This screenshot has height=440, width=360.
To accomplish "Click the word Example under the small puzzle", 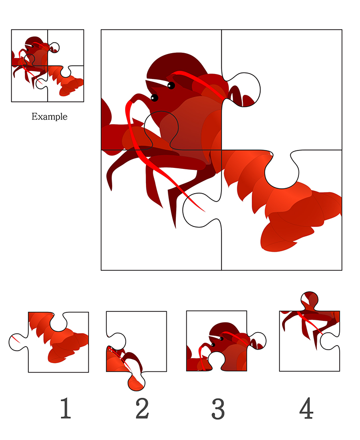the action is pos(49,116).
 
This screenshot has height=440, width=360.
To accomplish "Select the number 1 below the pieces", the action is pos(66,408).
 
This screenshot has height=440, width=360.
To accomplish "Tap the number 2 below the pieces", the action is pos(142,408).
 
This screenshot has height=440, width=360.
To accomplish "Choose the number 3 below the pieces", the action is pos(218,409).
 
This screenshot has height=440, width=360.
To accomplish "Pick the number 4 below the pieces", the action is pos(306,408).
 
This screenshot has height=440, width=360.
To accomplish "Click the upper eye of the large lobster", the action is pos(171,85).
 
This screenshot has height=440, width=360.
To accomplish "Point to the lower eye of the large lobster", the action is pos(154,98).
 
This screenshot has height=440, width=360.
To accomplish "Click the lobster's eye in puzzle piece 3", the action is pos(221,339).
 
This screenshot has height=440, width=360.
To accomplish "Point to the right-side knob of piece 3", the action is pos(257,341).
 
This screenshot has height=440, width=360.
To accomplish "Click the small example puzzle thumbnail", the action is pos(47,66).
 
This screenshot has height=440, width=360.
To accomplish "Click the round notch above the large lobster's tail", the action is pos(282,172).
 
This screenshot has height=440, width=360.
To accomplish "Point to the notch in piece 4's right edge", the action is pos(329,341).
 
